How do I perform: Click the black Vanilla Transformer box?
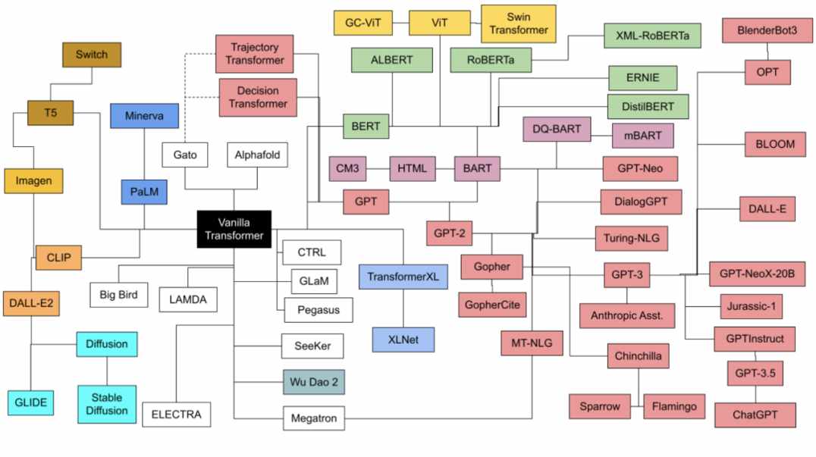pos(234,229)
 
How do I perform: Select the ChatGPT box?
pos(755,415)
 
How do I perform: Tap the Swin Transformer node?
pos(518,24)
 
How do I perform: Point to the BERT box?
pos(366,127)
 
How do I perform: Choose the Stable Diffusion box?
pos(107,404)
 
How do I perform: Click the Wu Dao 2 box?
pos(314,382)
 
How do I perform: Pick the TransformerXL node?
pos(403,277)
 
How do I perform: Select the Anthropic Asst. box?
pos(627,315)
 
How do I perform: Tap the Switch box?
pos(92,55)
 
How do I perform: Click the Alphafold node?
pos(257,155)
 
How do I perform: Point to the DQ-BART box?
pos(557,129)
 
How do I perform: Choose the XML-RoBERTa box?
pos(653,36)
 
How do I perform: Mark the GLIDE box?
pos(30,403)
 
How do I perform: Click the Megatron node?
pos(314,418)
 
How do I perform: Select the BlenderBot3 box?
pos(767,30)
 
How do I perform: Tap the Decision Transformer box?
pos(258,97)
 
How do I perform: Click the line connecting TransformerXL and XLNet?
pos(403,308)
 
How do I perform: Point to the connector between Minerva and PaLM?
pos(144,154)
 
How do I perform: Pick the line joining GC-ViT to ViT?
pos(400,23)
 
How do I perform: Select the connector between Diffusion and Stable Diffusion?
pos(107,371)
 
